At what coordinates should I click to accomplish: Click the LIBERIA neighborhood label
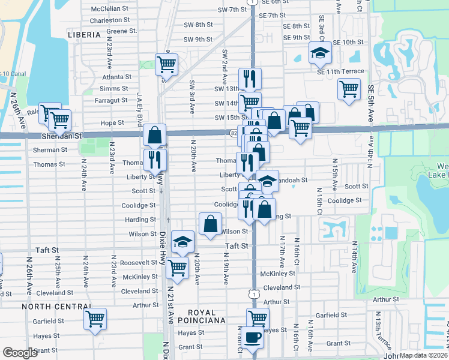(84, 35)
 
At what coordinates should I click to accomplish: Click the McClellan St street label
(110, 9)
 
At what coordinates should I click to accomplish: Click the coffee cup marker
(253, 338)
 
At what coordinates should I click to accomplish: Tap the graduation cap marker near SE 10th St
(320, 53)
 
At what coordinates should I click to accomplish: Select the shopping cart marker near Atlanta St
(166, 64)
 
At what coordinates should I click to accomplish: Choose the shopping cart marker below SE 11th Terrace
(349, 89)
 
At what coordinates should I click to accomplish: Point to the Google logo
(20, 353)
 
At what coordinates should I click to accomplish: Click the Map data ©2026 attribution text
(423, 355)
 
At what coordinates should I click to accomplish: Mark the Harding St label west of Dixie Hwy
(140, 220)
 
